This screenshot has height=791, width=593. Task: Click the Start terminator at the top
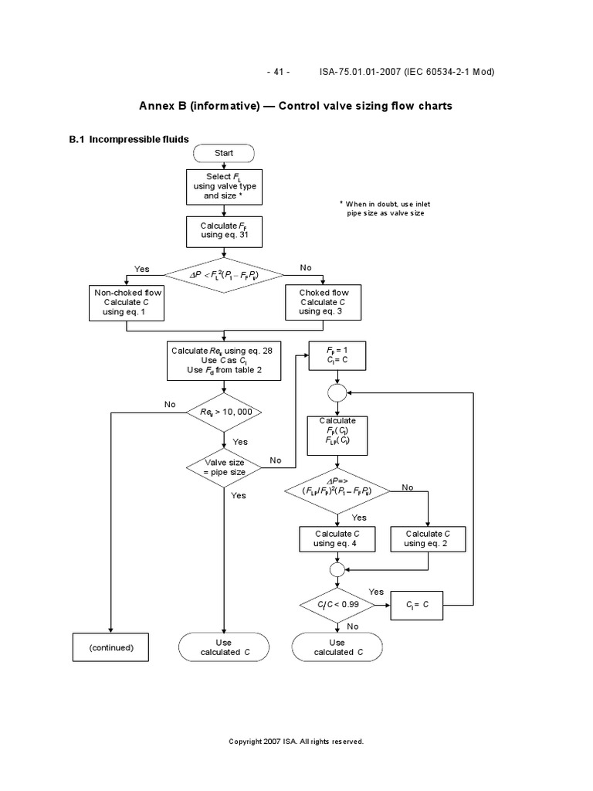(224, 153)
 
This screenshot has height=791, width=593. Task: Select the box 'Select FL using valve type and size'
(224, 187)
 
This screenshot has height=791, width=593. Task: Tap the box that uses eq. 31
(224, 229)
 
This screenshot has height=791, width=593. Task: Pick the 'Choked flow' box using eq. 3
(324, 302)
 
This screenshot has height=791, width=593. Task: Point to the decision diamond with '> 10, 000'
(224, 411)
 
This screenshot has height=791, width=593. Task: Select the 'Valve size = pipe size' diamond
(224, 466)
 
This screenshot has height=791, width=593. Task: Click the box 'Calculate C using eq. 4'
(334, 538)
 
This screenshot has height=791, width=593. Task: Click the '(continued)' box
(111, 647)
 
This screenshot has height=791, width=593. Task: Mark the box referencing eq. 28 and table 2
(224, 360)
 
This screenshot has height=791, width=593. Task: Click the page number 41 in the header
(278, 72)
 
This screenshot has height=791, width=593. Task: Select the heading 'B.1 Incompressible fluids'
(129, 140)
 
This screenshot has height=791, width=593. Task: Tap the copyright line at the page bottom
(296, 742)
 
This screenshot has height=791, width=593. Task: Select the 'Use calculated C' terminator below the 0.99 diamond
(337, 647)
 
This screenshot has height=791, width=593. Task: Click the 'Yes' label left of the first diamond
(141, 268)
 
